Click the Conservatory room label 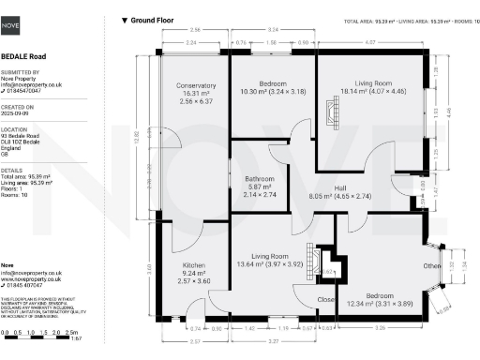(195, 86)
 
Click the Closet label (327, 300)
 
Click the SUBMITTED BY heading (21, 70)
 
